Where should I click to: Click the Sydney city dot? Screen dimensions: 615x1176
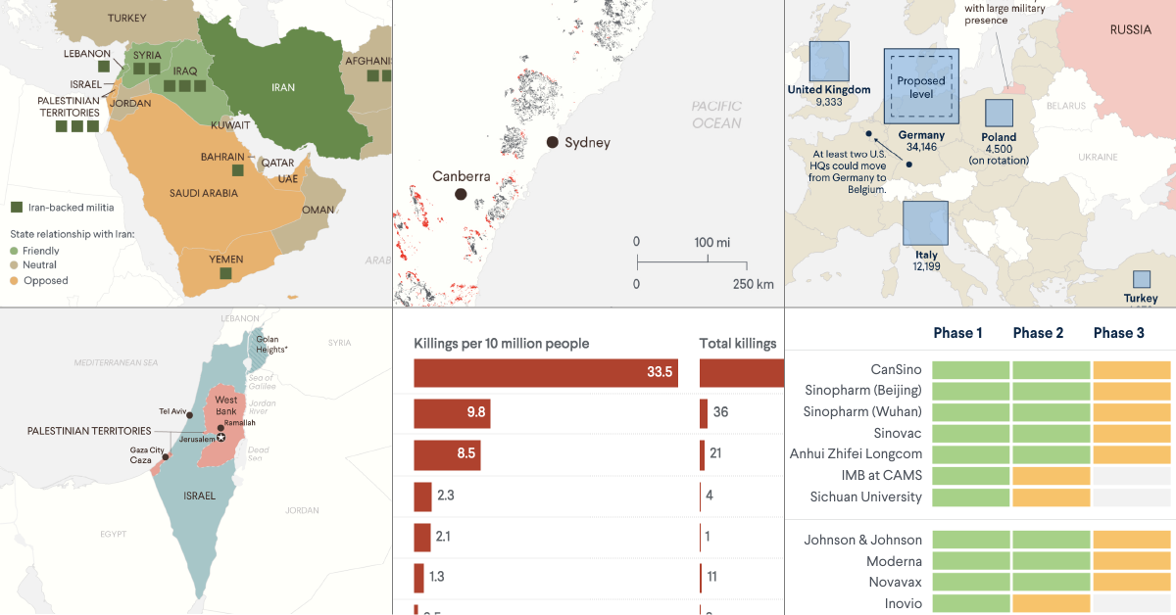coord(553,143)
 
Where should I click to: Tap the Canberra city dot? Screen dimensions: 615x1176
coord(460,195)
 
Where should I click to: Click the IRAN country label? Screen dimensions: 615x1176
coord(283,87)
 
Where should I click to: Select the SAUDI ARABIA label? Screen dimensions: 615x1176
coord(203,193)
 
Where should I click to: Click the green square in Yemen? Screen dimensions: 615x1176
coord(225,275)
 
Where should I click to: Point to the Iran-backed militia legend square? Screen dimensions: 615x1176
coord(17,208)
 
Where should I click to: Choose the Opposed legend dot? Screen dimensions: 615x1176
coord(16,281)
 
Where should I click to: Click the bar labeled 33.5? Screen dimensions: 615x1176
coord(546,372)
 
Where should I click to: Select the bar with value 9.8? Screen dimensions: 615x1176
coord(452,413)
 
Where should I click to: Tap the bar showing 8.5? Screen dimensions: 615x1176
coord(446,454)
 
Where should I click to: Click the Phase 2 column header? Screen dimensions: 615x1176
coord(1038,333)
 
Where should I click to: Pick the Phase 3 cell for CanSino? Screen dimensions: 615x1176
coord(1132,370)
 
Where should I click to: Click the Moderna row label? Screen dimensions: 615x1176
coord(894,561)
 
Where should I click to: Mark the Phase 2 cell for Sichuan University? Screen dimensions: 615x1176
coord(1052,497)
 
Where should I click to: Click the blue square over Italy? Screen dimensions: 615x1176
coord(925,223)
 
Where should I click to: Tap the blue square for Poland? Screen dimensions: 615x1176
coord(999,113)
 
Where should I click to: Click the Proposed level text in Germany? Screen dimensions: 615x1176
coord(920,87)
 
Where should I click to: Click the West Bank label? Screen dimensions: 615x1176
coord(226,405)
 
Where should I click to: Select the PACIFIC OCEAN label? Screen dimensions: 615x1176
coord(716,115)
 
